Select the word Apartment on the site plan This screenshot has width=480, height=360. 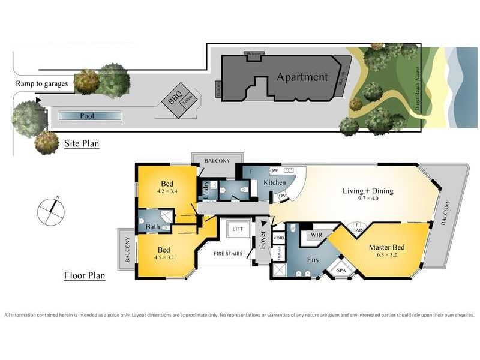pos(302,77)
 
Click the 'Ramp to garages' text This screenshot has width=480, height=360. pos(41,83)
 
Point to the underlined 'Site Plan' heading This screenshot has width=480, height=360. pos(82,144)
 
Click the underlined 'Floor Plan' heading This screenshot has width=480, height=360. pos(85,276)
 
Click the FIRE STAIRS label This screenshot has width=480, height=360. pos(228,253)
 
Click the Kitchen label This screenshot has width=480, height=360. pos(275,181)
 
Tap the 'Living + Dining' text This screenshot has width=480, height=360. pos(367,191)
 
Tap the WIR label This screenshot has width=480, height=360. pos(315,236)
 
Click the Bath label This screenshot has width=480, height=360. pos(152,227)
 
